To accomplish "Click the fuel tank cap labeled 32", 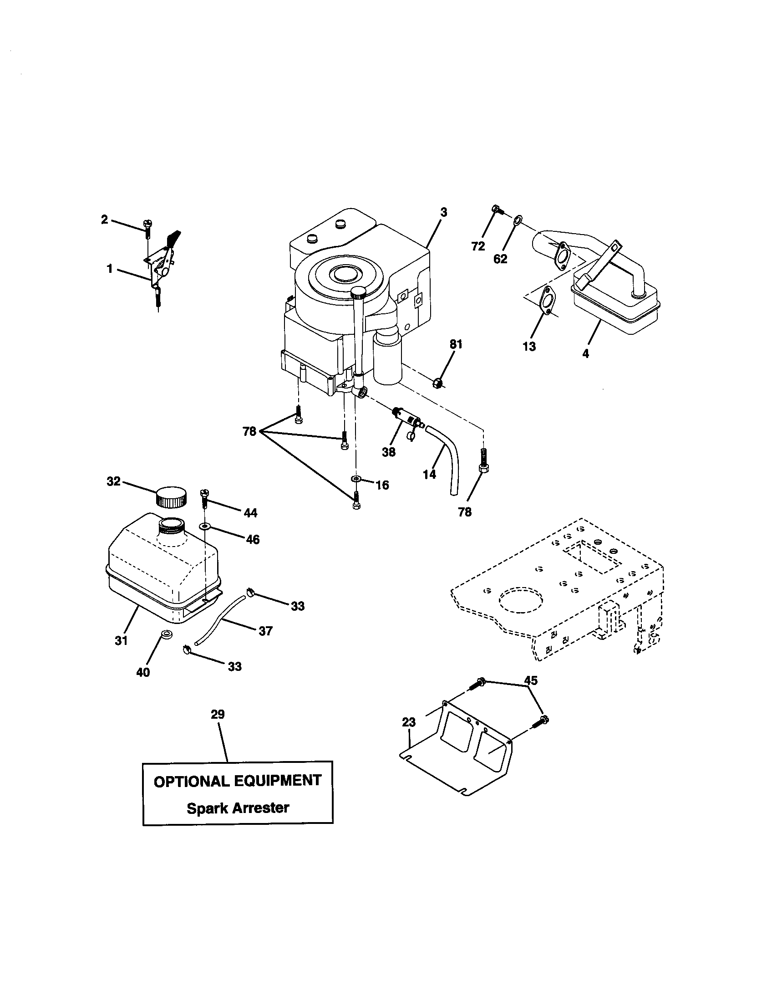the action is point(172,496).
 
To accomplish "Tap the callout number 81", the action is point(456,344).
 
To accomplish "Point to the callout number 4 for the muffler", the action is point(585,354).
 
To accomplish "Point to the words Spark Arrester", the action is point(238,808).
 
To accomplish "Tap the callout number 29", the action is point(218,714).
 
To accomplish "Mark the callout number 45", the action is point(530,680).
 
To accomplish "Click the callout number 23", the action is point(408,722).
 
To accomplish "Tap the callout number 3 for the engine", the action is point(443,212).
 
